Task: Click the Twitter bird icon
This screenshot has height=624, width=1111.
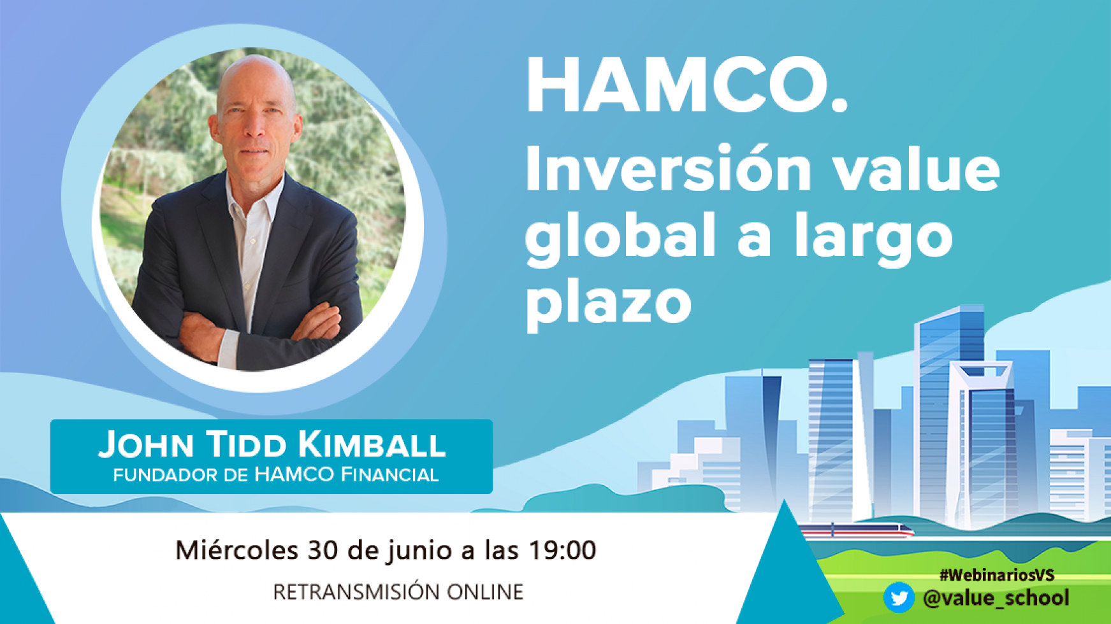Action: coord(899,598)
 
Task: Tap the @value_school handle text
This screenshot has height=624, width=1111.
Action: coord(996,598)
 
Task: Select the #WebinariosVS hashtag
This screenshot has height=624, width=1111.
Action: coord(997,575)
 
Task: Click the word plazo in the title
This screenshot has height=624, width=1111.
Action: coord(608,304)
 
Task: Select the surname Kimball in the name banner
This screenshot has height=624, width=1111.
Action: coord(371,444)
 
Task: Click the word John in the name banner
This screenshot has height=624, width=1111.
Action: coord(146,444)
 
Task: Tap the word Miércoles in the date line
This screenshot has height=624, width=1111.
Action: coord(236,550)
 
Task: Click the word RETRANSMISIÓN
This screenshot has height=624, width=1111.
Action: coord(357,592)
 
